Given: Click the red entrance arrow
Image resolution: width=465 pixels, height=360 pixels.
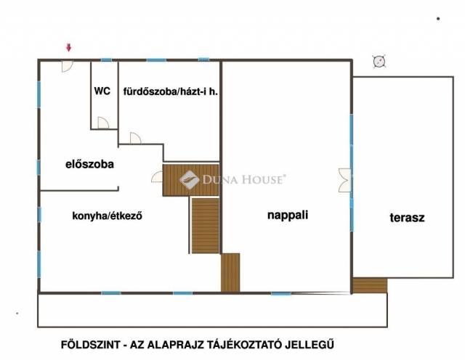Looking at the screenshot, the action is coord(69,47).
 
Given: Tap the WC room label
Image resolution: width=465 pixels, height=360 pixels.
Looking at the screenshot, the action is coord(102,91).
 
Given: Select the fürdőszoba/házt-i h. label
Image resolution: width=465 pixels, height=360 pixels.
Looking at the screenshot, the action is coord(171,91).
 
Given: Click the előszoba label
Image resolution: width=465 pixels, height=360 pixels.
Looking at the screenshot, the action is coord(89,164).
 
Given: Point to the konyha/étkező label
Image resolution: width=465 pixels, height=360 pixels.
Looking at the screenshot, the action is coord(107,216).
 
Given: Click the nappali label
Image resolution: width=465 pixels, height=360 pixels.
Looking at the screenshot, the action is coord(288,215).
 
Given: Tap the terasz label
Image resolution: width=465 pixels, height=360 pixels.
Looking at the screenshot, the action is coord(407,218).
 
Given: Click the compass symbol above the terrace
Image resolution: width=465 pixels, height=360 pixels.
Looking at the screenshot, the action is coord(379,62).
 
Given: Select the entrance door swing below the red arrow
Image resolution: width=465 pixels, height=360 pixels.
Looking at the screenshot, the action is coord(67,66).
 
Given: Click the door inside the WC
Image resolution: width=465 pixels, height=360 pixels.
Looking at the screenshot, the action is coord(103,123).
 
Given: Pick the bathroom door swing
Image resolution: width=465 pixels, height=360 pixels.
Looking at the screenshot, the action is coord(136,138).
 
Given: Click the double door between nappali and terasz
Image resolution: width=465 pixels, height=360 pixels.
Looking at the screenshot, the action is coord(344,180).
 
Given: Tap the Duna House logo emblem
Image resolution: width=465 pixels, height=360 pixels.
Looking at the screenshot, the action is coord(189,179).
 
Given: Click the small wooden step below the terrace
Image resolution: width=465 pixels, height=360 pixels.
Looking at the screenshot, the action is coord(370,285).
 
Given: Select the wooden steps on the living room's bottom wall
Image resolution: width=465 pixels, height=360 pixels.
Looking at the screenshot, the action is coord(230,272).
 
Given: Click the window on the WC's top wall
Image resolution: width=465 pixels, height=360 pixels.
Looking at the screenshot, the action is coord(107,60).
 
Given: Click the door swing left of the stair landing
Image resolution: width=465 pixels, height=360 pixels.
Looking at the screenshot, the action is coord(157,177).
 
